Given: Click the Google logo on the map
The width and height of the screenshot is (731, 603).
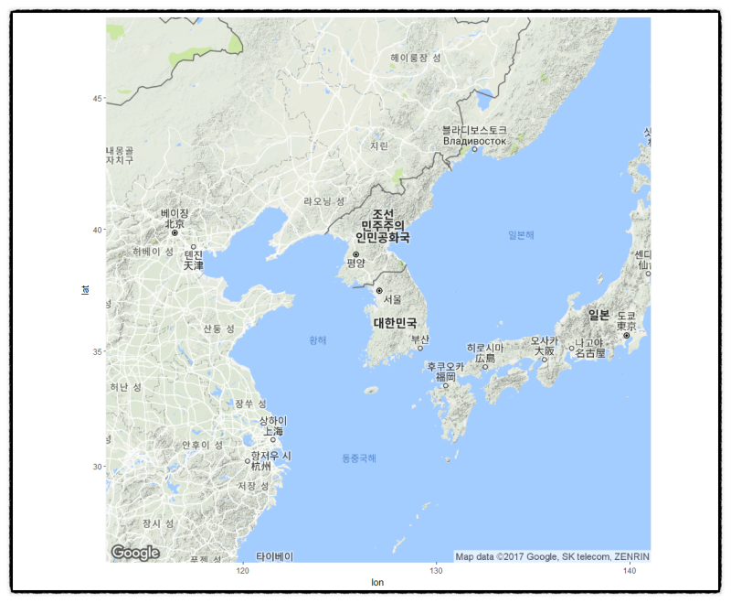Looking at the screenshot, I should click(x=135, y=553).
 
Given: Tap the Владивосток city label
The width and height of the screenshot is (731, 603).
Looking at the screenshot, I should click(x=474, y=141).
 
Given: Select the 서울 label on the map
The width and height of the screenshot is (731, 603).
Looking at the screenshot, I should click(x=392, y=299).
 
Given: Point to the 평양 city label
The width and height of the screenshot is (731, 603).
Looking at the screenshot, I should click(x=355, y=264).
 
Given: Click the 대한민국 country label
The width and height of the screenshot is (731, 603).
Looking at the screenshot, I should click(x=395, y=323).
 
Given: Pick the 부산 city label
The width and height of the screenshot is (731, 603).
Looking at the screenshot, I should click(x=420, y=339).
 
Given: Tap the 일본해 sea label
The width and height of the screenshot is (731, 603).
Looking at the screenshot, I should click(x=521, y=235).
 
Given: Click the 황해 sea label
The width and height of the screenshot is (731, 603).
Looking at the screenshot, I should click(x=317, y=339).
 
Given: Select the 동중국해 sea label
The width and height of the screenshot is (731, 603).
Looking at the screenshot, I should click(x=358, y=458).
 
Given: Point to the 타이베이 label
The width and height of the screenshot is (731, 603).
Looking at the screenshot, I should click(x=274, y=555).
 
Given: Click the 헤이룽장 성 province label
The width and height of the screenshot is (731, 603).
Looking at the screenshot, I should click(x=416, y=58).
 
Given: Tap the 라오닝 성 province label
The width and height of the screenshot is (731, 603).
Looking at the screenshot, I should click(x=324, y=200).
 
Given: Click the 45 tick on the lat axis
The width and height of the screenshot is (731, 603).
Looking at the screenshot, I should click(x=97, y=99).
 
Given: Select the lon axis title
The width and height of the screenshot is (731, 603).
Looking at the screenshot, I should click(x=377, y=583).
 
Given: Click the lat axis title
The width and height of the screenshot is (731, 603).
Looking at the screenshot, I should click(x=85, y=290).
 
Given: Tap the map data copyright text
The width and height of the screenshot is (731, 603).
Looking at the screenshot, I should click(x=552, y=556).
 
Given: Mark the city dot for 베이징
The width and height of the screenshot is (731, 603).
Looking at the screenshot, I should click(x=175, y=233).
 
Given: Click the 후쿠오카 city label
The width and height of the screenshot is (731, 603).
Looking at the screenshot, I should click(x=446, y=366).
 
